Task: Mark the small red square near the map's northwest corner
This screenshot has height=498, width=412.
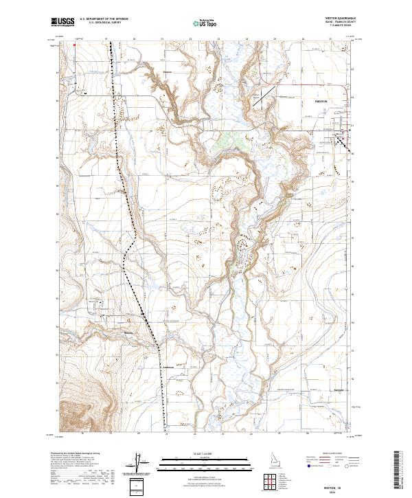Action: tap(75, 46)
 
